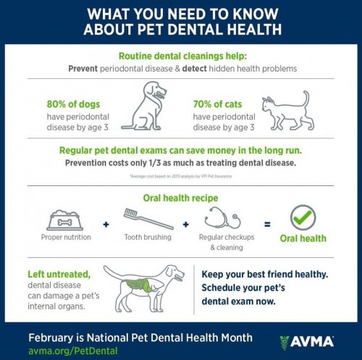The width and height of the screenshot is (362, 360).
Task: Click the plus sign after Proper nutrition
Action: pyautogui.click(x=106, y=225)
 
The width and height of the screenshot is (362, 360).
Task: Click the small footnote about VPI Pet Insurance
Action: pyautogui.click(x=181, y=176)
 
